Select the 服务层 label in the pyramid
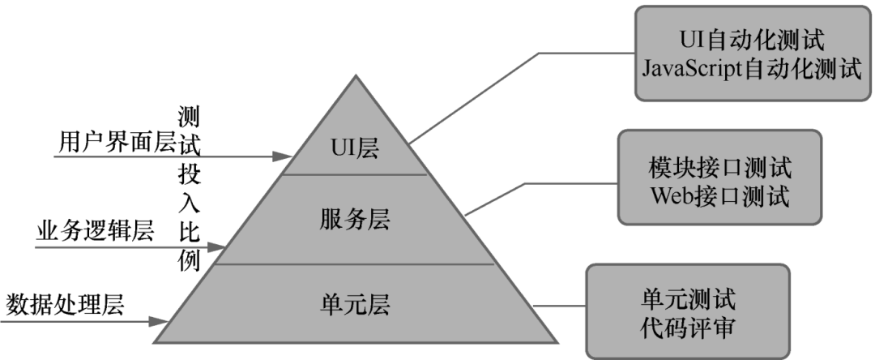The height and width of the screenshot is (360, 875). coord(355,219)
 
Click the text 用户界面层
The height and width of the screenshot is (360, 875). coord(118,141)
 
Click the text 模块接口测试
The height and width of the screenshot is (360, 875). coord(720,169)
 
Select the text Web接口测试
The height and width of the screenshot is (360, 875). coord(720,197)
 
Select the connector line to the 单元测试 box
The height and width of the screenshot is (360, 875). coord(559,306)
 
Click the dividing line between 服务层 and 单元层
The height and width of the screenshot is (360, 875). coord(355,264)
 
